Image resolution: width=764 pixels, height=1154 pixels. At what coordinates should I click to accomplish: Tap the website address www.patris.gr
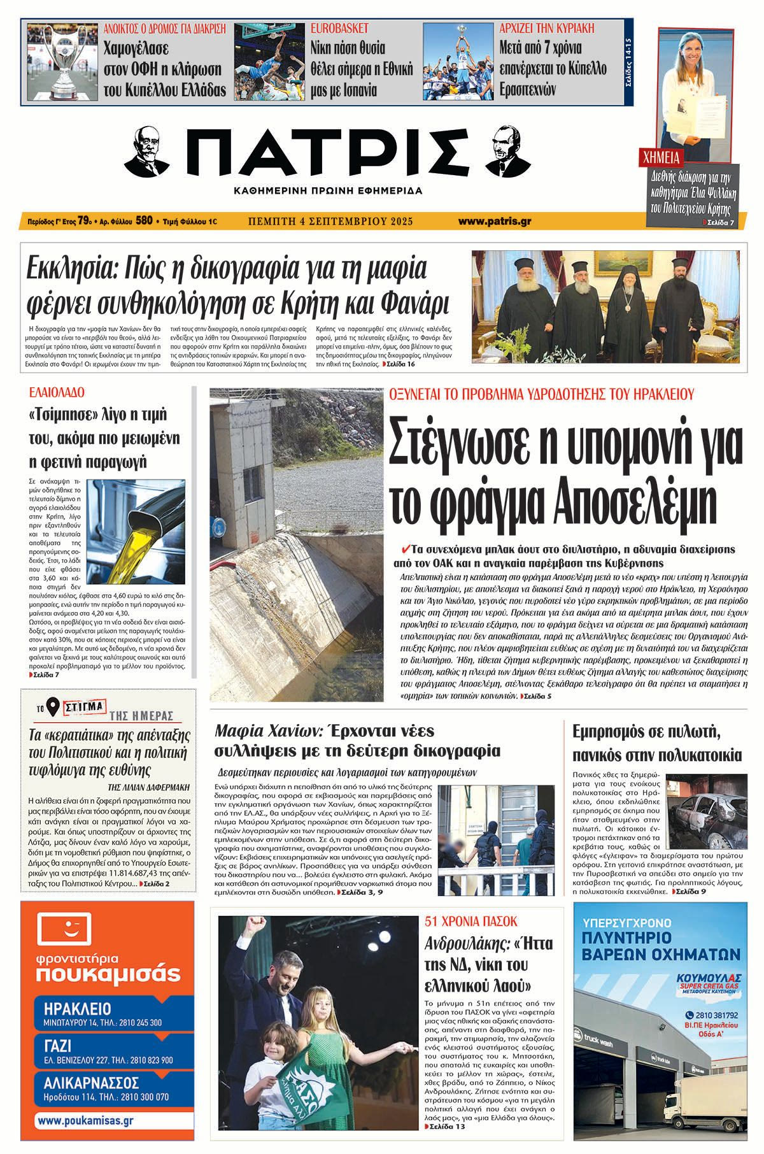tap(495, 221)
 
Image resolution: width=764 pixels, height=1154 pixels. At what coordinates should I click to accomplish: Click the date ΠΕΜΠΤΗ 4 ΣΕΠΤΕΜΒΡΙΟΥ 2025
tap(330, 221)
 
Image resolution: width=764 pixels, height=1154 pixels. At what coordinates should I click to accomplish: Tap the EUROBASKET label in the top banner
tap(339, 29)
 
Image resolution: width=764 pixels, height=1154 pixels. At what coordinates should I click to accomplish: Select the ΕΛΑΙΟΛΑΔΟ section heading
tap(57, 392)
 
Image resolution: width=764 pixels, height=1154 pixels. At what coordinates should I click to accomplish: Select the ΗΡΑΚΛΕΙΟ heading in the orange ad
tap(78, 1008)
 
